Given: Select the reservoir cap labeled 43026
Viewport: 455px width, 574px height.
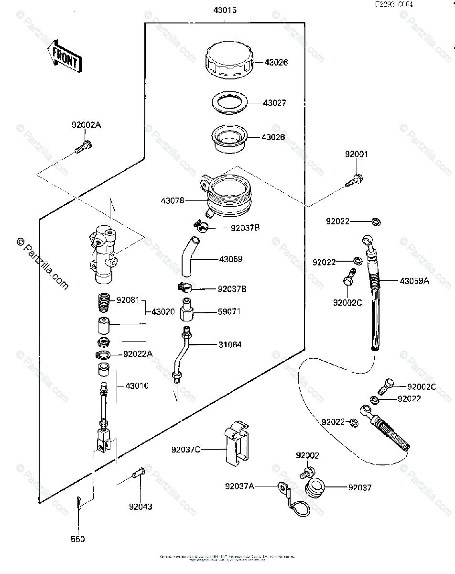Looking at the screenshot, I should click(x=227, y=62).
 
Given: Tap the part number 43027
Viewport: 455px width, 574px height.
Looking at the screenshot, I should click(x=274, y=103).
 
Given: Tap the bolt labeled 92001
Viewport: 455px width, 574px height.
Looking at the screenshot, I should click(x=354, y=181).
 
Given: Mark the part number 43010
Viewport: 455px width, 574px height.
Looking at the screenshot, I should click(x=137, y=386).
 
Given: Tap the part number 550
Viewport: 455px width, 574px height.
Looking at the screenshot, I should click(x=77, y=539).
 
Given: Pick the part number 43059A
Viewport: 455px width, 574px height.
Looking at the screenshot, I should click(x=415, y=281).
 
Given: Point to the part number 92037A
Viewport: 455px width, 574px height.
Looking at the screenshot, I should click(x=239, y=486).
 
